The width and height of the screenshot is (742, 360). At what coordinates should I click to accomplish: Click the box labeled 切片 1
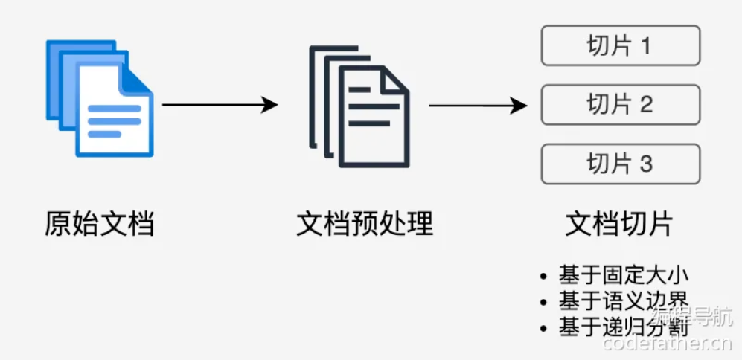coord(620,46)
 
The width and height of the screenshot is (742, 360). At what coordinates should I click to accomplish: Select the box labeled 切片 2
coord(620,105)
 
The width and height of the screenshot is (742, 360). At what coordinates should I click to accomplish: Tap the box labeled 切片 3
coord(620,164)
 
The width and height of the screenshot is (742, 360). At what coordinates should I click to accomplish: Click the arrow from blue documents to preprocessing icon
coord(220,105)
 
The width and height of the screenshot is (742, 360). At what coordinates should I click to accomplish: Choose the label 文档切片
coord(619,224)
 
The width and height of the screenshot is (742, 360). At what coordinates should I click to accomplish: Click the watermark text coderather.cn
coord(668,344)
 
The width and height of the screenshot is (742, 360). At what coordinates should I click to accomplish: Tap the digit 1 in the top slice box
coord(645,46)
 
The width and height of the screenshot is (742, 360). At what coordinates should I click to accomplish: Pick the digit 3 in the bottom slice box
coord(645,164)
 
